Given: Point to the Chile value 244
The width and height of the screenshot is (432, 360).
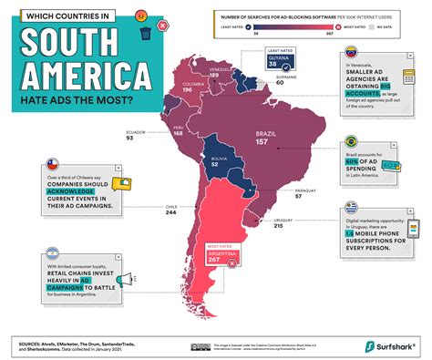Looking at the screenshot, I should (171, 213).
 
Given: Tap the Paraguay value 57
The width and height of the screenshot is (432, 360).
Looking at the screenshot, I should (297, 196).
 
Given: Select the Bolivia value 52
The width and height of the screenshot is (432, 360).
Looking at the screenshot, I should (216, 164).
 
